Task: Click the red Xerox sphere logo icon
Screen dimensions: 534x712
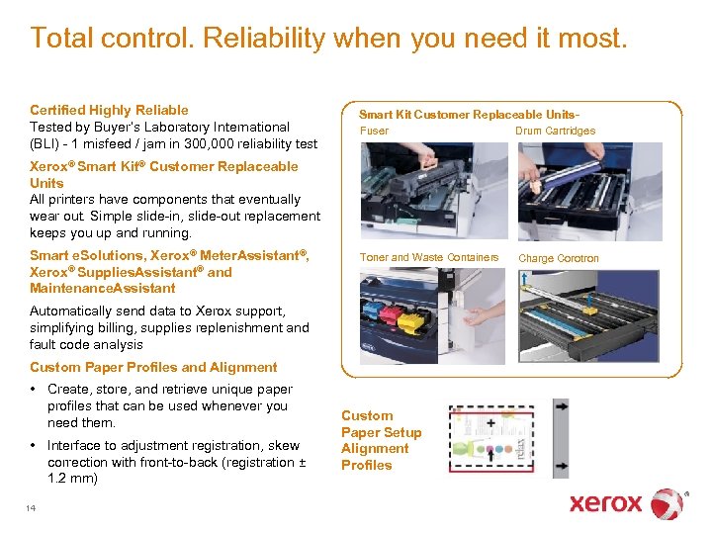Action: pos(667,503)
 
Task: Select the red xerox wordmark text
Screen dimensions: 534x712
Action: pos(605,503)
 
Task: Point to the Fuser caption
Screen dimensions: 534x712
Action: pos(374,131)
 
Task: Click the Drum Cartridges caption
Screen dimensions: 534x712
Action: pos(555,131)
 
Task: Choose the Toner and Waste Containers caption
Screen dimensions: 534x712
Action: pos(429,258)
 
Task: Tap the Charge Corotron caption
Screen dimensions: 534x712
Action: pos(559,259)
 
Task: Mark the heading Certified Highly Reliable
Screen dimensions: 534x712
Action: pos(109,110)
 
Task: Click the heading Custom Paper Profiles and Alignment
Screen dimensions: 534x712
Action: pos(153,367)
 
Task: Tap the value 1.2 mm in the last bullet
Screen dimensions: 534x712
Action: pos(72,479)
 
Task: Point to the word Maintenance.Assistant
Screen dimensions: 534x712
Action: pos(103,289)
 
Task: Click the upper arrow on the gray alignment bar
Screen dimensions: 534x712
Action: pos(561,405)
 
